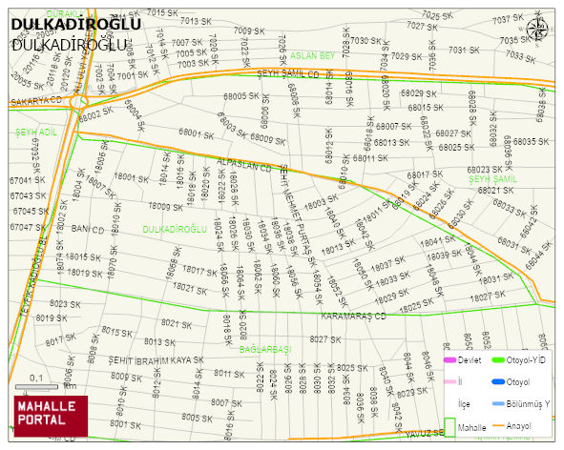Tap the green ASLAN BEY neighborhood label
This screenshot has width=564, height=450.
coord(313,56)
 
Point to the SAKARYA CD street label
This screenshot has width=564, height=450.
coord(36,100)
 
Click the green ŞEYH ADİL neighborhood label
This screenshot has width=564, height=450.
coord(36,132)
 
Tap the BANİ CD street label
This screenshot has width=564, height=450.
coord(87,230)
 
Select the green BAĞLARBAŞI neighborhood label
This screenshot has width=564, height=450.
coord(264,350)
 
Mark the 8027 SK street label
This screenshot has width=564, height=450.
coord(325,339)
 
